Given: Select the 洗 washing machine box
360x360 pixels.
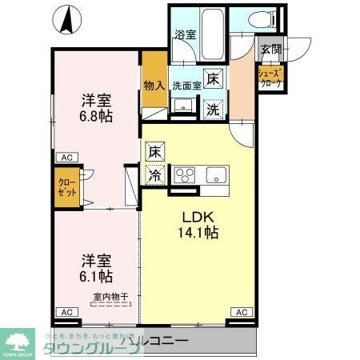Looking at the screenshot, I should pos(214,110).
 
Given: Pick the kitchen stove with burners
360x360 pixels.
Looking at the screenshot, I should pos(185,175).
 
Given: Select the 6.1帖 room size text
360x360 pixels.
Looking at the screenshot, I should pos(95,276).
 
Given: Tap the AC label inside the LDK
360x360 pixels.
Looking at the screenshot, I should pos(241,311).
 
